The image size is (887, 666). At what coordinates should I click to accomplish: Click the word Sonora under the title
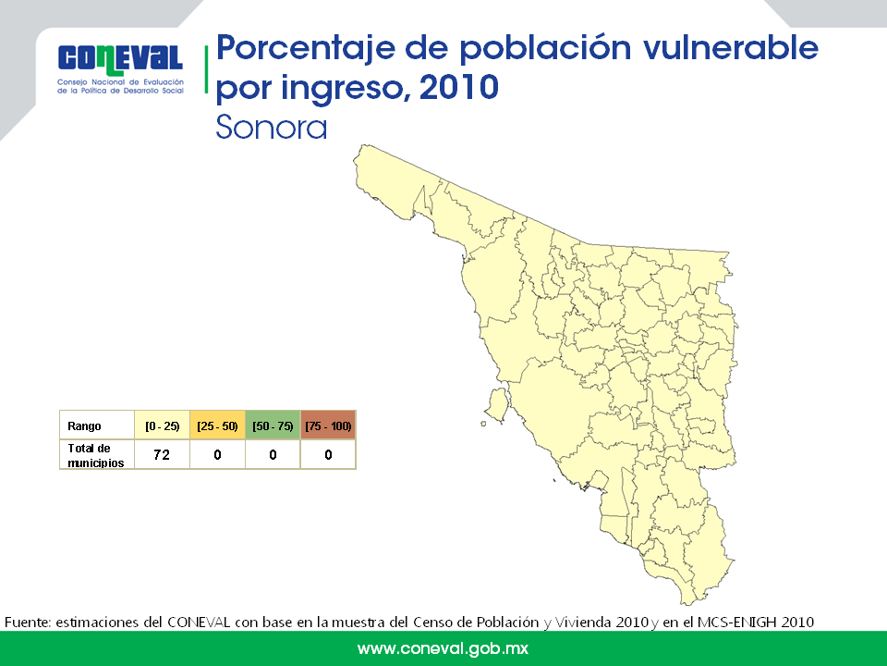[x=272, y=127]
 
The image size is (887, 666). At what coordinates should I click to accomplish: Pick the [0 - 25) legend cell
[x=162, y=425]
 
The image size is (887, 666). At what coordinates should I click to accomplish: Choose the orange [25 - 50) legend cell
[x=217, y=425]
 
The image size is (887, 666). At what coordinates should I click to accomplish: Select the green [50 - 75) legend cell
[x=273, y=425]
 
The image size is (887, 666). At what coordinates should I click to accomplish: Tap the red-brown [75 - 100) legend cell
[x=328, y=425]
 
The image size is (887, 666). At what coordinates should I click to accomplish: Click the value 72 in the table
[x=162, y=455]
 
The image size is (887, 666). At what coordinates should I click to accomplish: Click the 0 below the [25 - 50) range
[x=217, y=455]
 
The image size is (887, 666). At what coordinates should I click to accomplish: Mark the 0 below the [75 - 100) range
[x=328, y=455]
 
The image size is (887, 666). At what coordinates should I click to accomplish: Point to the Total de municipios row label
[x=95, y=455]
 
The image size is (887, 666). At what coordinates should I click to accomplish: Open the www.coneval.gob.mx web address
[x=443, y=648]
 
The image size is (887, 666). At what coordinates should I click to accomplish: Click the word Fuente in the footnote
[x=28, y=622]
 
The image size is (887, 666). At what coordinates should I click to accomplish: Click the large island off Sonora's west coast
[x=498, y=404]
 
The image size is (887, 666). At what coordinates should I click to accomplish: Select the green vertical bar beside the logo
[x=206, y=69]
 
